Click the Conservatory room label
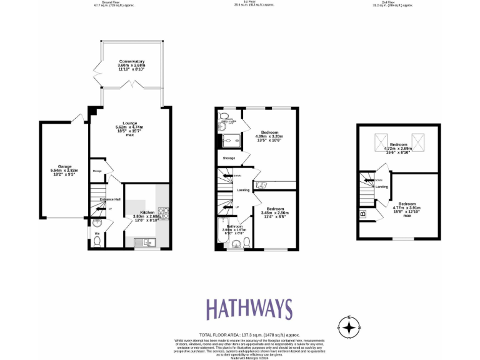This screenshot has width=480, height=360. click(131, 61)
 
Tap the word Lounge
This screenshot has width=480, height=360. click(130, 123)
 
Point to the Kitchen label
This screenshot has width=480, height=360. click(147, 213)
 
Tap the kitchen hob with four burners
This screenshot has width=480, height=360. click(164, 213)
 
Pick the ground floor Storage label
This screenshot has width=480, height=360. click(97, 171)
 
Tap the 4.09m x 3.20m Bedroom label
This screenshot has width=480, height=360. click(269, 132)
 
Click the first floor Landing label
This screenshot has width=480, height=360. click(244, 191)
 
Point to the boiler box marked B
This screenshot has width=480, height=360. click(362, 215)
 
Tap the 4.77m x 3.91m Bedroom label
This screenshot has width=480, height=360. click(407, 204)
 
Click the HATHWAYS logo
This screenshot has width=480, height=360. click(249, 309)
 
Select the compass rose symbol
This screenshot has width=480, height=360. click(349, 326)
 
